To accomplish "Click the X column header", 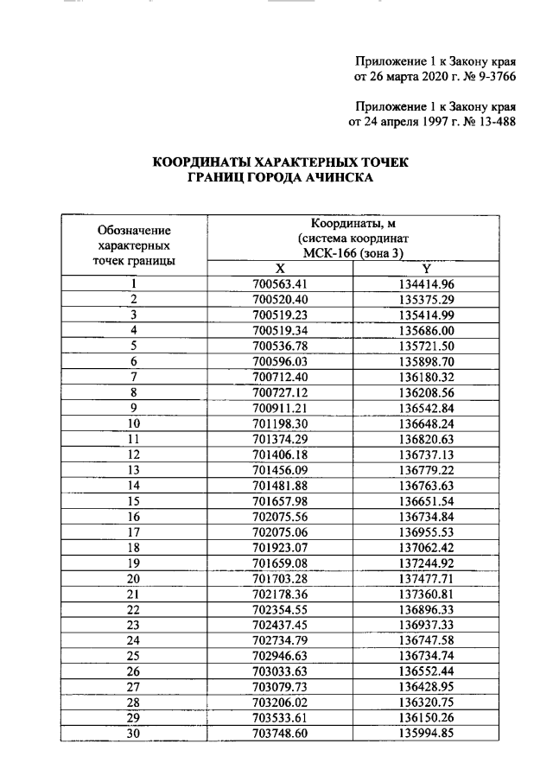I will pyautogui.click(x=280, y=269).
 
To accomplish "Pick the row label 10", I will pyautogui.click(x=134, y=423).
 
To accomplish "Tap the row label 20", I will pyautogui.click(x=134, y=578).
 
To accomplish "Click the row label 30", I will pyautogui.click(x=134, y=734).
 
